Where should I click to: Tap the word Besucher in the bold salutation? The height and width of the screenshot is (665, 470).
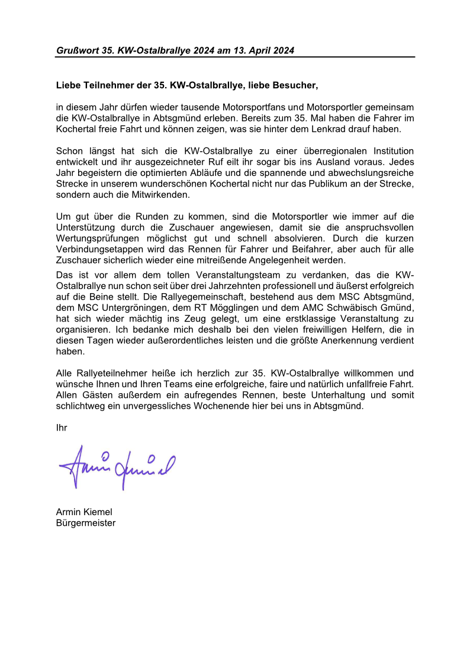point(295,85)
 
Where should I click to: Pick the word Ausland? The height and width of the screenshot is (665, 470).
point(356,161)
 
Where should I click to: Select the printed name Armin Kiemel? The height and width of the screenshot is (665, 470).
point(84,512)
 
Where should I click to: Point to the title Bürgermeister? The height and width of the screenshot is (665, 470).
point(85,523)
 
